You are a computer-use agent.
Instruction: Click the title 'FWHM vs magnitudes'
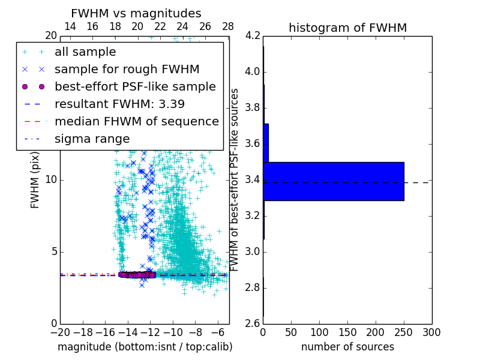[136, 14]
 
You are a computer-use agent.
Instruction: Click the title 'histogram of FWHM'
[347, 28]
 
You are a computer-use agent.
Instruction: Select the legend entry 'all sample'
[85, 52]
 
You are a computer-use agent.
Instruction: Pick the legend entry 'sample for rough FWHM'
[127, 70]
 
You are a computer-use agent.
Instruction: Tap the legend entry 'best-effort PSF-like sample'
[135, 87]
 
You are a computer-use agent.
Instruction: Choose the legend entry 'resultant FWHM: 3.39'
[119, 104]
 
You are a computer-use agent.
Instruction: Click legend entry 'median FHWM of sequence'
[136, 122]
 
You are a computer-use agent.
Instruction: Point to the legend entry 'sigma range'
[92, 139]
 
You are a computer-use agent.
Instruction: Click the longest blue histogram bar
[334, 181]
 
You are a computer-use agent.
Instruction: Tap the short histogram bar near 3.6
[266, 143]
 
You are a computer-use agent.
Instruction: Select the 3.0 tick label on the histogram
[252, 251]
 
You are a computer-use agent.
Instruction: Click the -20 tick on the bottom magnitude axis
[60, 332]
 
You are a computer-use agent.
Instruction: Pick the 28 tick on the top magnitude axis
[228, 27]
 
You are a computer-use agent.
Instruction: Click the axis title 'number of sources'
[347, 347]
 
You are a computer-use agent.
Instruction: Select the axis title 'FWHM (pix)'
[35, 180]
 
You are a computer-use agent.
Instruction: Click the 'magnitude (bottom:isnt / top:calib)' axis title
[145, 347]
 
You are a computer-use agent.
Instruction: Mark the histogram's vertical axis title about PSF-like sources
[235, 180]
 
